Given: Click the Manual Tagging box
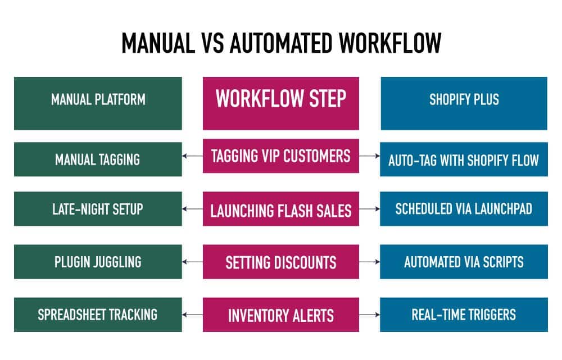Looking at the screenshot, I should pyautogui.click(x=98, y=160).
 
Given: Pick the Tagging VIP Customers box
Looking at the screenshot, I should pyautogui.click(x=280, y=156).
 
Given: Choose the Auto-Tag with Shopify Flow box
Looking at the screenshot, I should pyautogui.click(x=464, y=160).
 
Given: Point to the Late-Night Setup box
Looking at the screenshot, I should pyautogui.click(x=98, y=209).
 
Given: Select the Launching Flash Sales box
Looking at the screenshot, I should pyautogui.click(x=280, y=211).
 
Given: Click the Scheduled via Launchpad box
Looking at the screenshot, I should pyautogui.click(x=464, y=209).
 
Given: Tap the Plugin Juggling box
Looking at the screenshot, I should pyautogui.click(x=98, y=262).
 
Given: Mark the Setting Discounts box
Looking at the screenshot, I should pyautogui.click(x=280, y=262).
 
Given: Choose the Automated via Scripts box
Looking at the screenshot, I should pyautogui.click(x=464, y=262).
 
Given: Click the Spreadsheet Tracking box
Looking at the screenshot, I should pyautogui.click(x=98, y=315).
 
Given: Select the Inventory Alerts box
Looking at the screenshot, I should pyautogui.click(x=280, y=315).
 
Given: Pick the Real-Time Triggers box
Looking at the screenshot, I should pyautogui.click(x=464, y=315).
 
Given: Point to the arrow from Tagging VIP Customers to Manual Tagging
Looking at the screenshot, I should pyautogui.click(x=192, y=157).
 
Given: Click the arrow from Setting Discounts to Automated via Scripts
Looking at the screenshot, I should pyautogui.click(x=369, y=262).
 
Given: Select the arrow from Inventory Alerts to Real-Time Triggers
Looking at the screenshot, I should pyautogui.click(x=369, y=315).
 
